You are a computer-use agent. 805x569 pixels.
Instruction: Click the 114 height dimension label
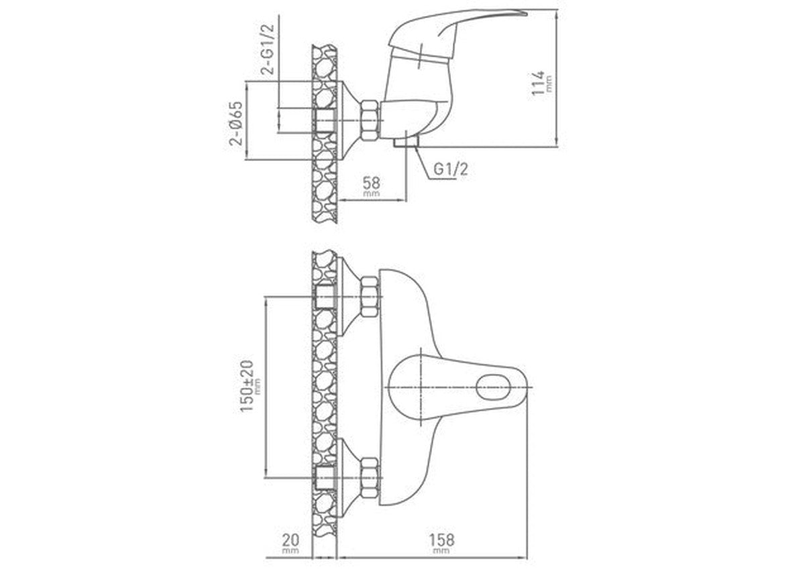point(538,83)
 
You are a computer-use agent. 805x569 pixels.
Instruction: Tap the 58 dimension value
point(371,183)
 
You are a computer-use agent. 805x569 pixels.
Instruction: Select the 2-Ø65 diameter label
point(236,123)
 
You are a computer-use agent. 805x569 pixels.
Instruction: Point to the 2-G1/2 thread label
point(268,49)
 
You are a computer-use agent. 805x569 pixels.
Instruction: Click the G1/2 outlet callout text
point(451,169)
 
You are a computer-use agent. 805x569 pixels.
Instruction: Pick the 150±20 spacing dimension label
point(248,387)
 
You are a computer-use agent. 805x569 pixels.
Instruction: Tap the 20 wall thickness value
point(290,540)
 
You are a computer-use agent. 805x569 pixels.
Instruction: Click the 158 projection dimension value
point(441,540)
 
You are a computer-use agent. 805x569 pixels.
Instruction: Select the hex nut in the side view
point(370,120)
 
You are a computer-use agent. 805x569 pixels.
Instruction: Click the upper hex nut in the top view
point(370,296)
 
